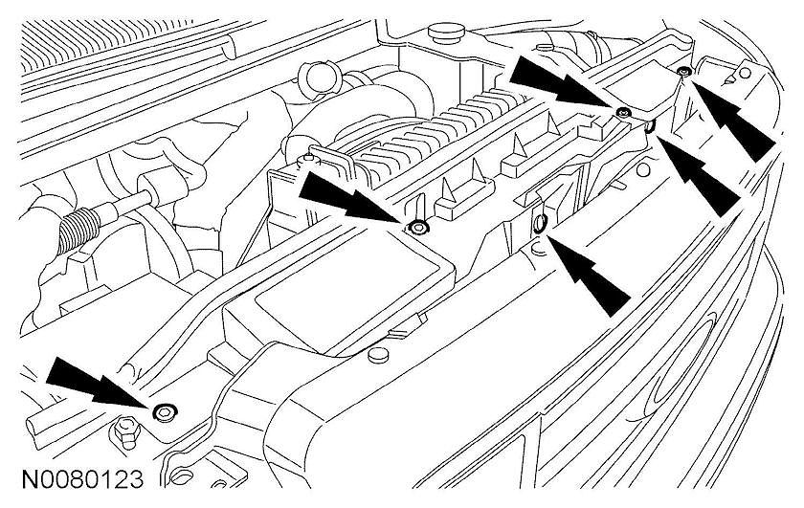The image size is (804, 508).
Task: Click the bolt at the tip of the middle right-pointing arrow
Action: pos(418,228)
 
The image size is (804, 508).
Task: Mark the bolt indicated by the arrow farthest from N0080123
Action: pos(682,74)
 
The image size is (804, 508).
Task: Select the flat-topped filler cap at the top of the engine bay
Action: pos(446,34)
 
